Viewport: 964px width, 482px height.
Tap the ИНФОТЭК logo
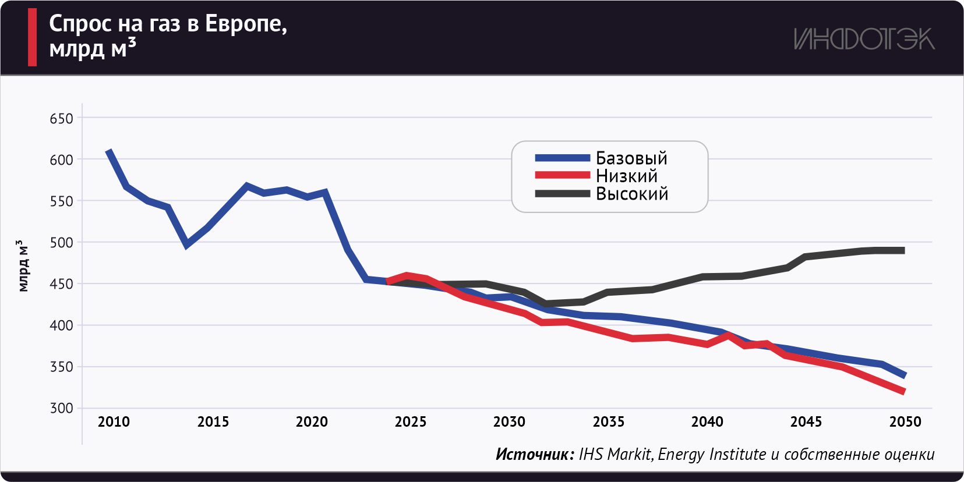pyautogui.click(x=864, y=39)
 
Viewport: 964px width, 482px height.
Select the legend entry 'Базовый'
pyautogui.click(x=631, y=158)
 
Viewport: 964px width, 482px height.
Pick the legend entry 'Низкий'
pyautogui.click(x=626, y=176)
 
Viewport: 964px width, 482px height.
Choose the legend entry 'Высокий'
pyautogui.click(x=632, y=194)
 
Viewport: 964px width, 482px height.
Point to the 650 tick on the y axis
pyautogui.click(x=61, y=119)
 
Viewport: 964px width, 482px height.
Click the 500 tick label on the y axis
pyautogui.click(x=61, y=243)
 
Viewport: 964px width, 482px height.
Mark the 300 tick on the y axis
pyautogui.click(x=61, y=408)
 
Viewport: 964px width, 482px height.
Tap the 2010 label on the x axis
pyautogui.click(x=114, y=422)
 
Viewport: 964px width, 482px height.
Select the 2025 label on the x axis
pyautogui.click(x=410, y=422)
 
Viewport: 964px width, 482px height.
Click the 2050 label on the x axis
pyautogui.click(x=905, y=422)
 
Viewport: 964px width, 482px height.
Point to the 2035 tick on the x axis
pyautogui.click(x=608, y=422)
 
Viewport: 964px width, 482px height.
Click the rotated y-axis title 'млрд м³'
pyautogui.click(x=23, y=265)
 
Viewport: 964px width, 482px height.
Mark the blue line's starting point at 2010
pyautogui.click(x=109, y=151)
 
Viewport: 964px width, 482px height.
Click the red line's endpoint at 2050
pyautogui.click(x=903, y=392)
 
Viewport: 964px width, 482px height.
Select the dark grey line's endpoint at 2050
pyautogui.click(x=903, y=251)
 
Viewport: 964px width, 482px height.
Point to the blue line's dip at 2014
pyautogui.click(x=186, y=244)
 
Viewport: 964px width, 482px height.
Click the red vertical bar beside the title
pyautogui.click(x=33, y=37)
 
